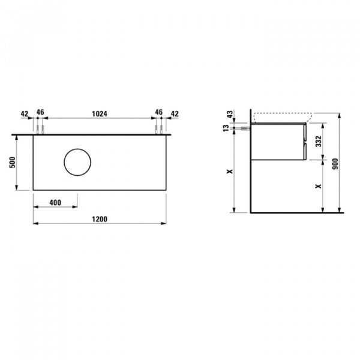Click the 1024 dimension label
[100, 113]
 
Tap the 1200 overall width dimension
[100, 219]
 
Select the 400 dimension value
[55, 203]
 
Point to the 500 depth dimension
[13, 163]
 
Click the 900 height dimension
[335, 164]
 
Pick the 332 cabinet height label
[319, 141]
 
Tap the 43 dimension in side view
[230, 114]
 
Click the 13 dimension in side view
[226, 128]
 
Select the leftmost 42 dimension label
[25, 113]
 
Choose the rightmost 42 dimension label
[175, 113]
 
